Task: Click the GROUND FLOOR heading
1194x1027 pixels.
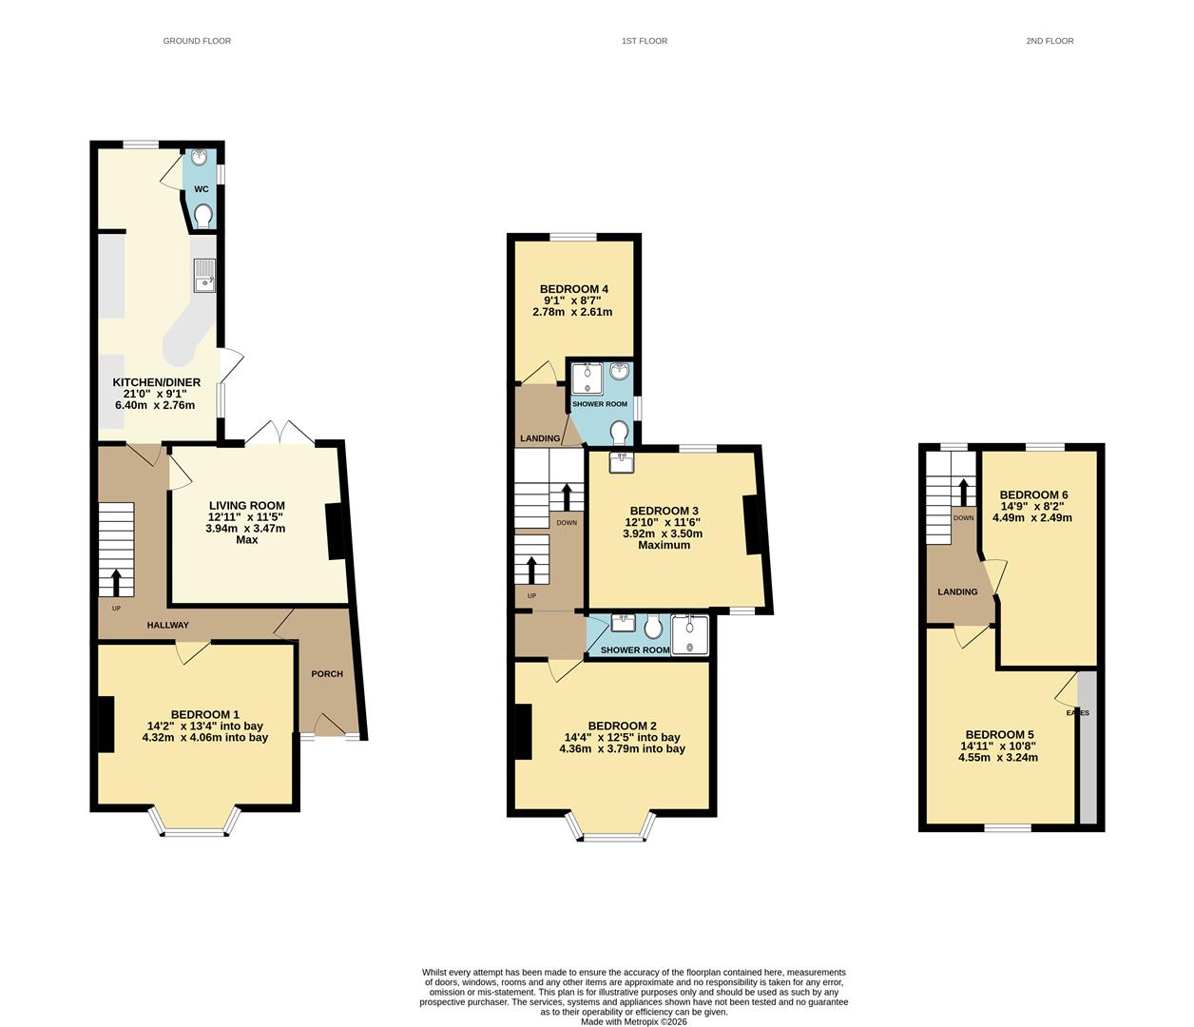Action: [x=197, y=41]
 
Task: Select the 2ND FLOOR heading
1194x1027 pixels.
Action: [x=1050, y=41]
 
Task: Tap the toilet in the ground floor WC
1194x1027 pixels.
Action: [x=202, y=218]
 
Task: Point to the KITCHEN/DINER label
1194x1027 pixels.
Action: [x=157, y=382]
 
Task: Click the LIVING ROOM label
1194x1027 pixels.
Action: [x=246, y=506]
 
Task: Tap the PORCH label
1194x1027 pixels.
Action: [x=327, y=674]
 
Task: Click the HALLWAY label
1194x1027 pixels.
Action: [x=167, y=626]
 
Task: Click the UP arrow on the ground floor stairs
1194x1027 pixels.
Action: [x=117, y=580]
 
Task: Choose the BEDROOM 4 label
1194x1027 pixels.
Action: [x=573, y=289]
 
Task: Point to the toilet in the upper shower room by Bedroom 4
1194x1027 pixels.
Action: [x=620, y=433]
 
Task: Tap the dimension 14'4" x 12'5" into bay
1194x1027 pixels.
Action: [x=622, y=737]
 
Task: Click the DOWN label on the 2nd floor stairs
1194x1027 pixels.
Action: [x=963, y=518]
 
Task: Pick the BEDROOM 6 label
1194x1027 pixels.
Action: [x=1033, y=494]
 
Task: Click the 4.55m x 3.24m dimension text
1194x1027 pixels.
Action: [x=998, y=758]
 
